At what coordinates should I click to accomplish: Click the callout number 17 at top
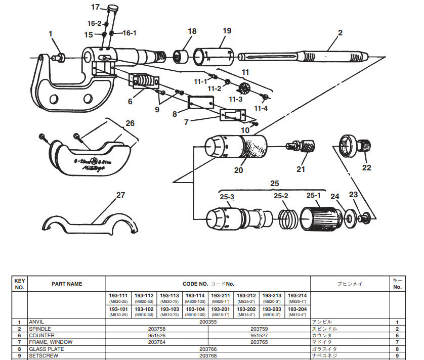(96, 7)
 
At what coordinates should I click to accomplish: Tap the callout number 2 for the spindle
(340, 33)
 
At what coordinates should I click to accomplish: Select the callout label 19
(227, 31)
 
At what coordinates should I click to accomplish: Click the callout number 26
(130, 123)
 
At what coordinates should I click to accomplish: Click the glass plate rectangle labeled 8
(201, 103)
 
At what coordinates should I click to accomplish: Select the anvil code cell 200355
(208, 322)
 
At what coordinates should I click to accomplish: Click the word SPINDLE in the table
(41, 329)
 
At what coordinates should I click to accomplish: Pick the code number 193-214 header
(297, 295)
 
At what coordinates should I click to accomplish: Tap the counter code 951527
(259, 335)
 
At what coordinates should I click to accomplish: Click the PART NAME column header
(67, 284)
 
